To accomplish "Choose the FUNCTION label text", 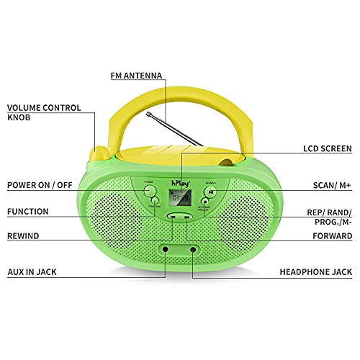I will [x=28, y=212].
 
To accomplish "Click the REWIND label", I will [x=24, y=235].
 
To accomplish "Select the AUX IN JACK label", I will [x=32, y=271].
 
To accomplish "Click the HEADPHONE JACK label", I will [x=315, y=273].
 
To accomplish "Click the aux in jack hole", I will [x=167, y=248].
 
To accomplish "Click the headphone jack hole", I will [x=192, y=248].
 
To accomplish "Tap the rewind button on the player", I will [x=172, y=216].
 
